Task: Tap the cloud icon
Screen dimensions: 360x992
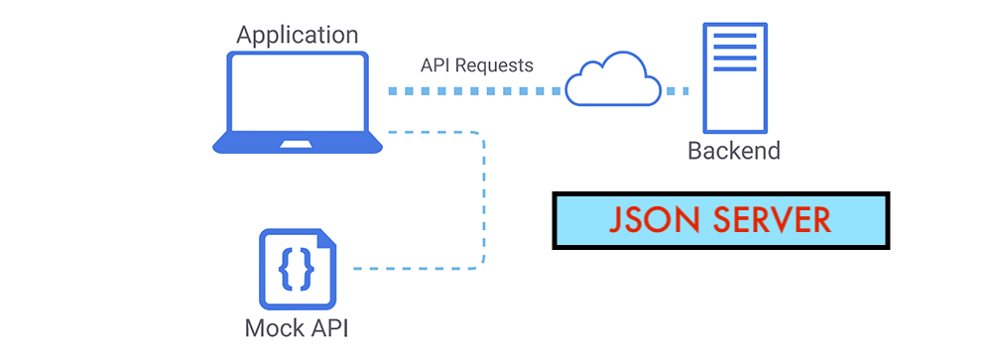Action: point(613,80)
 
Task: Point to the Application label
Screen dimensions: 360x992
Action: point(298,35)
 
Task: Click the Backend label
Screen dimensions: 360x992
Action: point(734,152)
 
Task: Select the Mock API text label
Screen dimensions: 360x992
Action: point(297,328)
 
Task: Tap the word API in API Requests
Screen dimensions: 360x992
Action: point(436,65)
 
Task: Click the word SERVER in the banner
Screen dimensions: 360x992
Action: point(770,219)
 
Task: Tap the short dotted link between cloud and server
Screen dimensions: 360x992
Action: point(677,91)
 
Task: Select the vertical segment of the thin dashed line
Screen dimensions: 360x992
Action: point(484,198)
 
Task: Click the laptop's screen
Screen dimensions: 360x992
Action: point(298,93)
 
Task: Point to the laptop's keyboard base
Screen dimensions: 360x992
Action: point(298,145)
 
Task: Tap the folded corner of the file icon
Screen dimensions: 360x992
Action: point(324,240)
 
